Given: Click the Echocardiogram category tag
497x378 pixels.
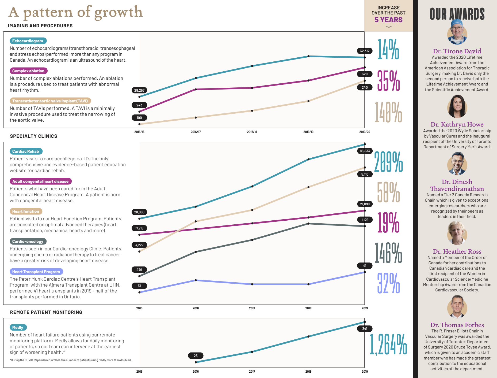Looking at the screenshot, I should [x=28, y=41].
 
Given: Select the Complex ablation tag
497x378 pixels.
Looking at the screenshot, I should [x=29, y=71].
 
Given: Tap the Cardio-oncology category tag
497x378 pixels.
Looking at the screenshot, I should [x=28, y=242].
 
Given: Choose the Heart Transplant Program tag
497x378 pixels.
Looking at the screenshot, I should [x=36, y=272].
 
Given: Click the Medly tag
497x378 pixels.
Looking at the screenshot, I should [x=18, y=328].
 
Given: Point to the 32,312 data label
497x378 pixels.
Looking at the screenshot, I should [x=365, y=51].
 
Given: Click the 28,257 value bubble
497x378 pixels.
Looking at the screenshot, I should [x=139, y=90].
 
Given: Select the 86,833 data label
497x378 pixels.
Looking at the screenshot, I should [x=365, y=151].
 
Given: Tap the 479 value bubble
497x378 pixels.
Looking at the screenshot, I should [x=139, y=270].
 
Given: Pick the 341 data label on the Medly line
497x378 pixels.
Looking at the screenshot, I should [x=365, y=329].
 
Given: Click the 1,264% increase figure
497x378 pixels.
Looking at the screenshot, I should [x=388, y=344].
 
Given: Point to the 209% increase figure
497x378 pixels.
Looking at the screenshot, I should [x=388, y=162].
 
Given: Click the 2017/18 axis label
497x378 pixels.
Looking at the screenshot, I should [x=252, y=132].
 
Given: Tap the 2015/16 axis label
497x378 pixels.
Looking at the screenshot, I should [x=139, y=132].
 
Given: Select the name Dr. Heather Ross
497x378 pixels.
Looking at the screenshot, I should [x=457, y=251].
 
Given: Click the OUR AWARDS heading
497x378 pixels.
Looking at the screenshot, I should [x=457, y=14].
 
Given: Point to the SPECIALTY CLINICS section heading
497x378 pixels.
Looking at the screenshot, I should [x=34, y=136].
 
